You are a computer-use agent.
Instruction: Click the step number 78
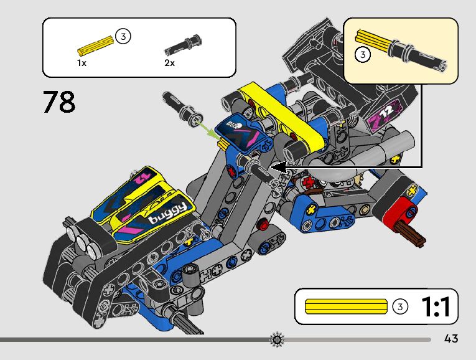click(59, 102)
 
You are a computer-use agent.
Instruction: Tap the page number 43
click(451, 339)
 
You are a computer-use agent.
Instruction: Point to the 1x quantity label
click(82, 63)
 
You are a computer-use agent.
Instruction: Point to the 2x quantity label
click(169, 63)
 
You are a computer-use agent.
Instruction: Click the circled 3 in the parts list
click(123, 37)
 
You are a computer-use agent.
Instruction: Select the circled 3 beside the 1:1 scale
click(401, 306)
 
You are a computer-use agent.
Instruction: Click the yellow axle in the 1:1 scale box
click(346, 306)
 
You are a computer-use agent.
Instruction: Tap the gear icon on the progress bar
click(277, 339)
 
